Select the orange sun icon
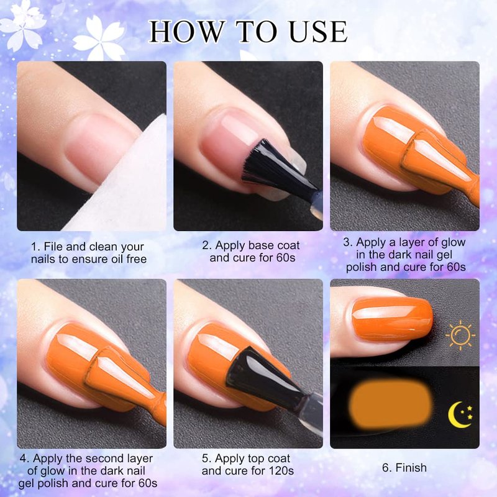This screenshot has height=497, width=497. coord(460,335)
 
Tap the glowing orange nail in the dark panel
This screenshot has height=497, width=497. coord(390,403)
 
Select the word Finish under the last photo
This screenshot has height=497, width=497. coord(411,468)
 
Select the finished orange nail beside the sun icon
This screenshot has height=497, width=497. coord(393,319)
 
